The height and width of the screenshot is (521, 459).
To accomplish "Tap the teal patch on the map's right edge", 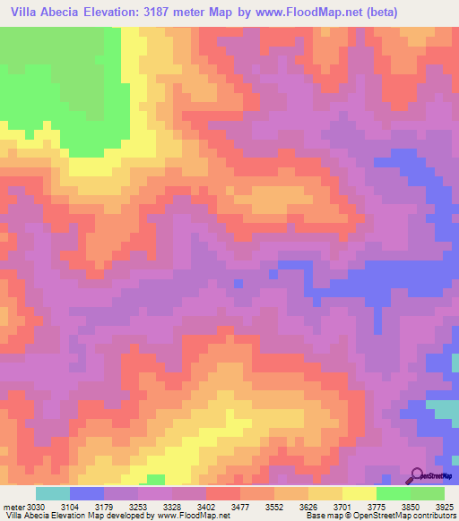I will (x=443, y=412).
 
